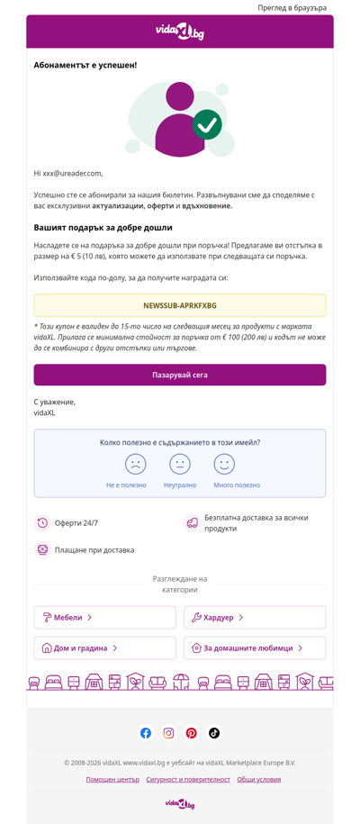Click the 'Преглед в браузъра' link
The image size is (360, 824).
point(292,7)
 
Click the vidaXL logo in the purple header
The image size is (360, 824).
point(180,32)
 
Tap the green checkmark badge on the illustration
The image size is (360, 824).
point(208,123)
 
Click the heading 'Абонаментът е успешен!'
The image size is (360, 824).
point(85,66)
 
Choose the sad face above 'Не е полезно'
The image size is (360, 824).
point(135,464)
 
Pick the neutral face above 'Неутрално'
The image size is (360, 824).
point(180,464)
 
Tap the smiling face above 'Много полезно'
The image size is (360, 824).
point(224,464)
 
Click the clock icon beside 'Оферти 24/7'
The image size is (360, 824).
point(42,523)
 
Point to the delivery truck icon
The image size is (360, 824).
point(192,523)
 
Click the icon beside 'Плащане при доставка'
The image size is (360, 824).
point(42,549)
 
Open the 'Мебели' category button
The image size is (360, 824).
point(105,617)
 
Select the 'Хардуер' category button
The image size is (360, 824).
point(255,617)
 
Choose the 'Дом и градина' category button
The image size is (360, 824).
point(105,647)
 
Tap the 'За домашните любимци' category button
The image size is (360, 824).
point(255,647)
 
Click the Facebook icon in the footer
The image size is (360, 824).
point(146,733)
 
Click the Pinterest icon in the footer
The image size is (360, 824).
point(192,733)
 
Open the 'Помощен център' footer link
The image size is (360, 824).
point(112,779)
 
